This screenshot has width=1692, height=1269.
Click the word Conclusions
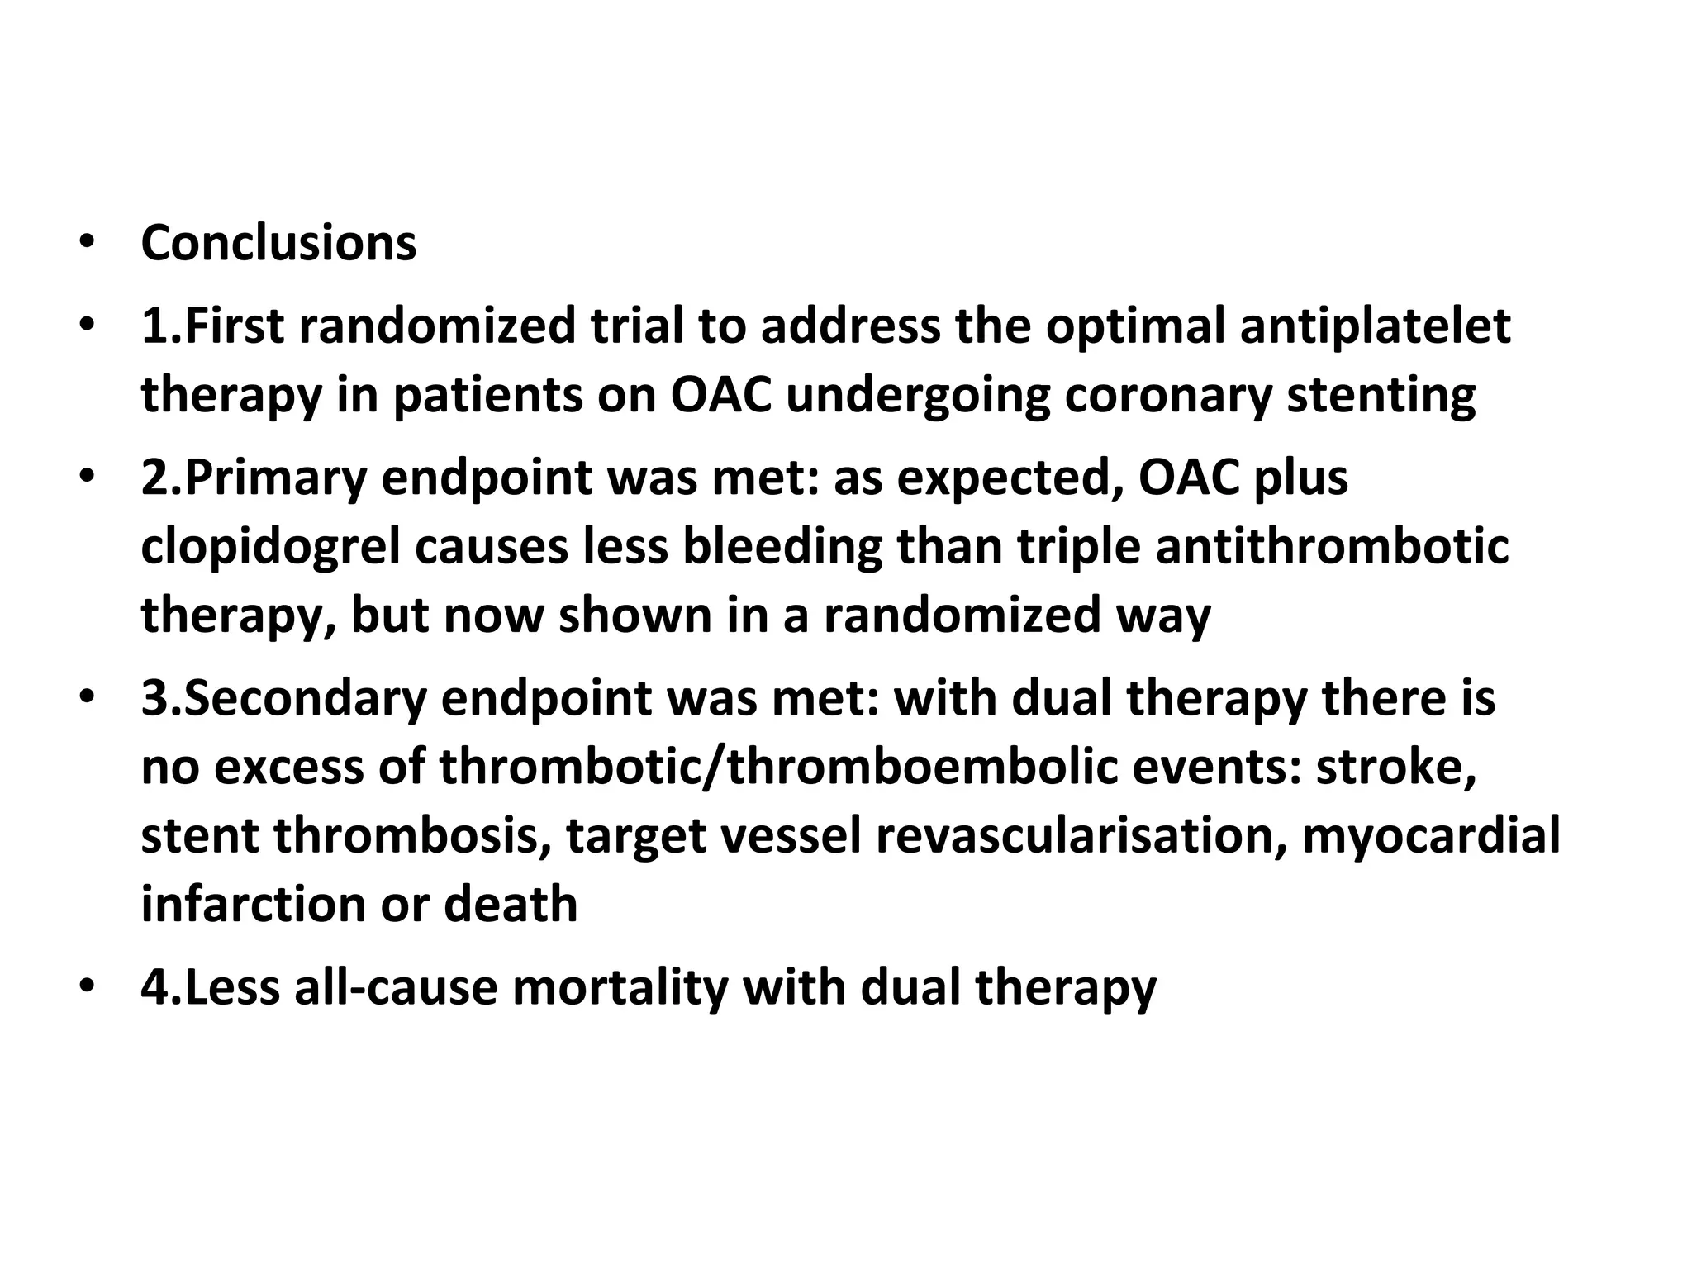(x=278, y=243)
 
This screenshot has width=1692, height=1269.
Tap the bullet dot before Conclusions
(x=86, y=243)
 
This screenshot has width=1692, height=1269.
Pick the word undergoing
(x=918, y=395)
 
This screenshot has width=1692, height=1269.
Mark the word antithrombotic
(x=1332, y=546)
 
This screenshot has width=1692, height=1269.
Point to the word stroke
(x=1396, y=767)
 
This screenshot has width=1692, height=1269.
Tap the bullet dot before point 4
(x=86, y=986)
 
